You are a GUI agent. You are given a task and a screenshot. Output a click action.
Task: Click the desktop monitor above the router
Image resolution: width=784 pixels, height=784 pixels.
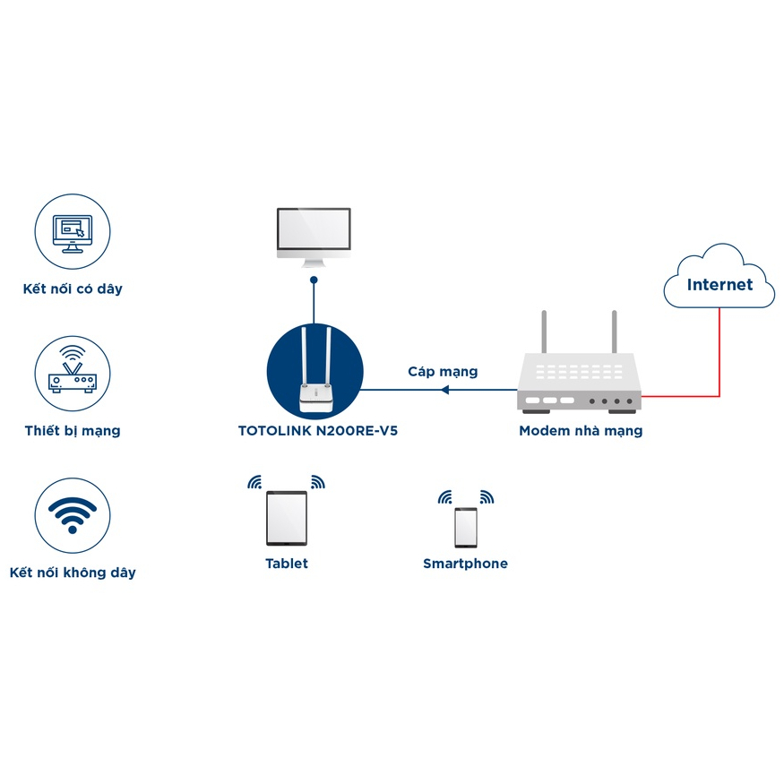coord(314,235)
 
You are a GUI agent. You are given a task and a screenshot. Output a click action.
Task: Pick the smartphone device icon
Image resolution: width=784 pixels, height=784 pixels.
coord(466,527)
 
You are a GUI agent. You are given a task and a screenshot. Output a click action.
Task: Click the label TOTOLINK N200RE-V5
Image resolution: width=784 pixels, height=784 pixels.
coord(317,431)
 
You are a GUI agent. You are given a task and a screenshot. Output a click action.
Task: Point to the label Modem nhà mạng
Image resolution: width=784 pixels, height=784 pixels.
coord(581,431)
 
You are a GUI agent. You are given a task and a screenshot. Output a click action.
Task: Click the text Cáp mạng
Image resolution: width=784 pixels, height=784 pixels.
coord(443,371)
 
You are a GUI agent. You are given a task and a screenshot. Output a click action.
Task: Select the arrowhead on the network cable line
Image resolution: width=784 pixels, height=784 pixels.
coord(444,390)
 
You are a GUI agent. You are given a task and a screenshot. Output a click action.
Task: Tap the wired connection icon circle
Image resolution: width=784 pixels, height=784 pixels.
coord(73,230)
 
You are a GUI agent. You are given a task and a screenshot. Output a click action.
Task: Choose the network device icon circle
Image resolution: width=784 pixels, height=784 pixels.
coord(73,372)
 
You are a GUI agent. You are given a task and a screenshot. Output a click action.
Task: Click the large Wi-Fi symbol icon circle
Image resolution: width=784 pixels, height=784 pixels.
coord(73,513)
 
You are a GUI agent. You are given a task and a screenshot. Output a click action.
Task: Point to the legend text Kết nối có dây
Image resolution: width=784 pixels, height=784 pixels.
coord(73,289)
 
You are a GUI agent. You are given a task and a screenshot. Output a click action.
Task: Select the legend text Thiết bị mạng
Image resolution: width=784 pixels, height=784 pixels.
coord(73,431)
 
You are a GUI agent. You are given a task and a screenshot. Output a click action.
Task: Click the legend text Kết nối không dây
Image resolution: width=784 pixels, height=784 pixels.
coord(73,573)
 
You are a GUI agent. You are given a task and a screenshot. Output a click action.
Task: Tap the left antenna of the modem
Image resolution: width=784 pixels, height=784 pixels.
coord(543,333)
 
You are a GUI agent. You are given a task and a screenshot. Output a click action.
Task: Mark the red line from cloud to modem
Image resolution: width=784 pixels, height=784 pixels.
coord(719,358)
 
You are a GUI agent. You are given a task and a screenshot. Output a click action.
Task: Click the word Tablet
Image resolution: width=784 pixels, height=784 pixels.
coord(287,564)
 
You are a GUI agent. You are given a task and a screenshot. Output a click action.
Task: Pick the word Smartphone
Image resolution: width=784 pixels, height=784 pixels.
coord(465,564)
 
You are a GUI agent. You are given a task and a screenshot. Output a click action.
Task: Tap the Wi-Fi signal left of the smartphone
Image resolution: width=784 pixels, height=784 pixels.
coord(446,497)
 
